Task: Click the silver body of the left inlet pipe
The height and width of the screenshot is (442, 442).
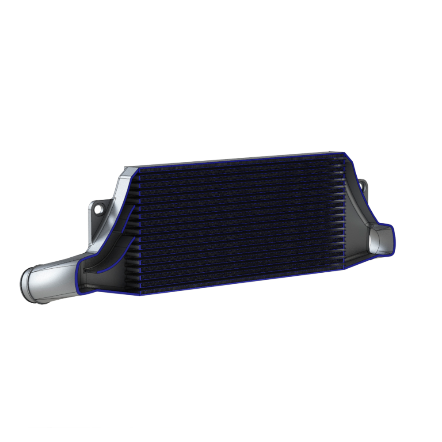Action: [x=53, y=276]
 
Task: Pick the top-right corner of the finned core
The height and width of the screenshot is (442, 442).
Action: [x=343, y=154]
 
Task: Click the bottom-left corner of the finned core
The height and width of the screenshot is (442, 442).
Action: [x=140, y=294]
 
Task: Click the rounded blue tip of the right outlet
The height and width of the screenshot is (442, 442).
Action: [x=392, y=239]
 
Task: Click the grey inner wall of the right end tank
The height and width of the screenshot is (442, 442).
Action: [x=356, y=212]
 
